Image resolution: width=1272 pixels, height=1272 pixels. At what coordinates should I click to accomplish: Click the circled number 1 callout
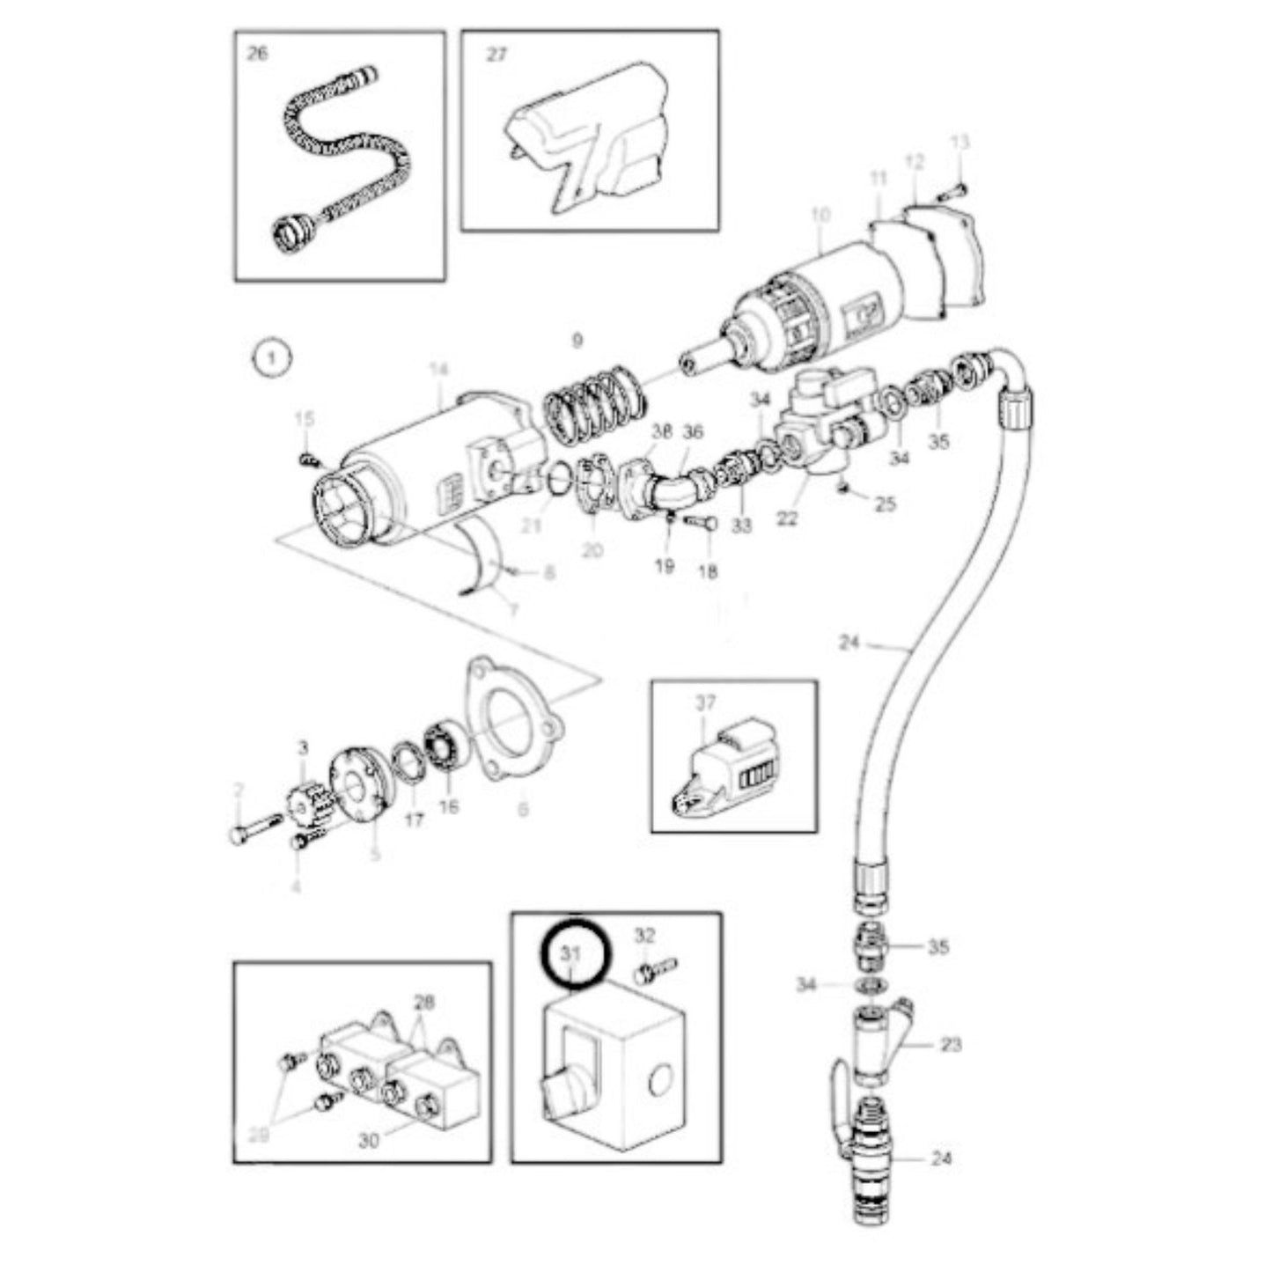pos(272,358)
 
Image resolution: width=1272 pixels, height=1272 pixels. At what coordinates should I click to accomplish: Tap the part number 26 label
pos(257,55)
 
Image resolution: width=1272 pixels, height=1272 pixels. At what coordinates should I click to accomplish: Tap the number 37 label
pos(706,702)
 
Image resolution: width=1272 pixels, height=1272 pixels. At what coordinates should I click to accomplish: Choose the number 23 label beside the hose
pos(951,1045)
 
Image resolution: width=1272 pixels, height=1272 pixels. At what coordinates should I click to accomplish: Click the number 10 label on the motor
pos(820,214)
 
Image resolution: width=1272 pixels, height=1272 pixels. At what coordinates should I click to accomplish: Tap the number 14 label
pos(440,371)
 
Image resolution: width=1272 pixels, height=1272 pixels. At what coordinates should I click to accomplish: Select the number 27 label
pos(496,55)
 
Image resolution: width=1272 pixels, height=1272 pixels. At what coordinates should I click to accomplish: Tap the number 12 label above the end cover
pos(915,161)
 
